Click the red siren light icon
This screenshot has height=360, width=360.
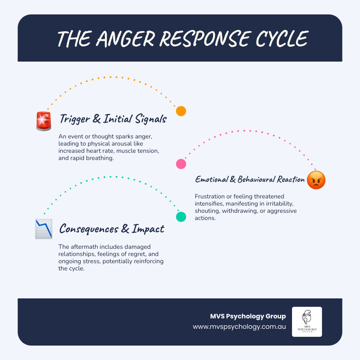[x=44, y=121]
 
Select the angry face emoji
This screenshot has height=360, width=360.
[x=316, y=180]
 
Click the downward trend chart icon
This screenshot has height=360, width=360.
[x=44, y=229]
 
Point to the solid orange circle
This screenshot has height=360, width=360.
[x=181, y=111]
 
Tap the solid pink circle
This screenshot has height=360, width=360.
[x=181, y=164]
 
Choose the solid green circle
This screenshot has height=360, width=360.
[x=181, y=217]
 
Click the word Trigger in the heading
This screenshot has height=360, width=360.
[x=75, y=119]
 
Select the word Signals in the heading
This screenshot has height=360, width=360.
[x=151, y=119]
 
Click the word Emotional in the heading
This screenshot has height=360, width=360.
[x=212, y=179]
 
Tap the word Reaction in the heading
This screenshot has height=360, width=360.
[x=291, y=179]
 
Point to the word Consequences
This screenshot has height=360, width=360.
[x=89, y=229]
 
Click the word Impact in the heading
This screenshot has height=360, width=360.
[x=148, y=229]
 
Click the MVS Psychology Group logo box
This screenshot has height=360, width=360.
[x=307, y=322]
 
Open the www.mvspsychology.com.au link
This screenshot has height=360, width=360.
[x=239, y=327]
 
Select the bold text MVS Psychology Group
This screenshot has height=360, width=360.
[x=248, y=316]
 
